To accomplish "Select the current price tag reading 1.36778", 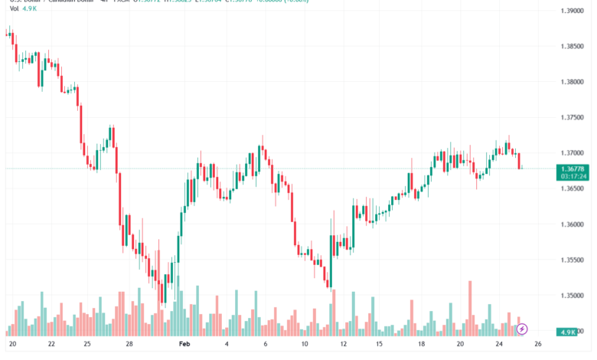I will [573, 169].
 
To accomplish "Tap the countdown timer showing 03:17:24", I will [573, 176].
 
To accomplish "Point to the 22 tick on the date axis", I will [51, 345].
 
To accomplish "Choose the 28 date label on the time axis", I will [130, 345].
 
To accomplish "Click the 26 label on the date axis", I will [538, 345].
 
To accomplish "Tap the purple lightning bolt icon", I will [522, 329].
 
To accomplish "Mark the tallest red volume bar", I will [470, 306].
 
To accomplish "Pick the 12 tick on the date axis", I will [341, 345].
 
